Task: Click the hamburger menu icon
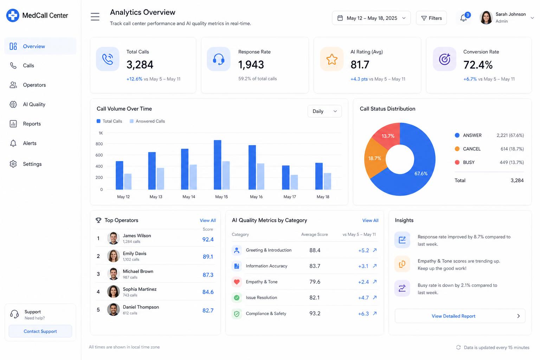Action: click(x=95, y=17)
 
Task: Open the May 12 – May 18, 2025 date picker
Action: click(x=371, y=18)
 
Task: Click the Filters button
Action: click(x=431, y=18)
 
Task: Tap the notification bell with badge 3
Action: click(x=464, y=18)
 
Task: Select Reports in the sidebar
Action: click(x=32, y=124)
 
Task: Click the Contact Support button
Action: click(x=40, y=331)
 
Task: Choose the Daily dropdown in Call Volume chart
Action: click(x=324, y=111)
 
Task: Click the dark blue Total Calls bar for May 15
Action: click(x=218, y=165)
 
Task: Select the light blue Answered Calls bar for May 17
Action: click(x=294, y=182)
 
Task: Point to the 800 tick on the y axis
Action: click(x=99, y=144)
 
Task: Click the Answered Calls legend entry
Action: click(x=147, y=121)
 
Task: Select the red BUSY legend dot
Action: click(x=457, y=162)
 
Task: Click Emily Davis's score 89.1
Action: click(x=208, y=257)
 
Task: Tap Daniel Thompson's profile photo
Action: click(x=113, y=310)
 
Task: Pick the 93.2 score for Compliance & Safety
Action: click(x=315, y=314)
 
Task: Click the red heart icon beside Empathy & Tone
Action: click(x=237, y=282)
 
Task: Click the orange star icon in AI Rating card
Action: click(x=332, y=59)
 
